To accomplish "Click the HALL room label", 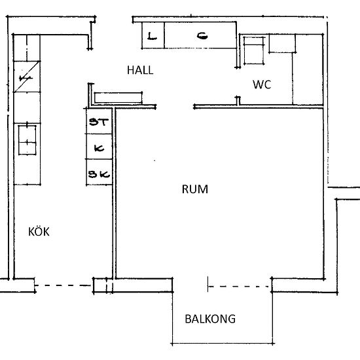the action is coord(140,70).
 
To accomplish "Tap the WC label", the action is coord(262,84).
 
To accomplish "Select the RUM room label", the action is coord(195,189).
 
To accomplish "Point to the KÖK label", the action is coord(39,232).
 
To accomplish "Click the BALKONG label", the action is coord(210,319).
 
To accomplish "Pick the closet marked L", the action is coord(153,35).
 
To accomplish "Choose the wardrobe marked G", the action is coord(200,35).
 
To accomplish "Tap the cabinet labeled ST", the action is coord(99,121).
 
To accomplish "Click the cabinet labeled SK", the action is coord(99,172).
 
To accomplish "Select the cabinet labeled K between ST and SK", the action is coord(99,147).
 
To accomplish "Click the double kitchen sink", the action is coord(27,140).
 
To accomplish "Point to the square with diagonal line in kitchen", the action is coord(27,77).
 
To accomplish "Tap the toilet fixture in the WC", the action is coord(254,50).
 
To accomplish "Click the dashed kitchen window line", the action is coord(63,285).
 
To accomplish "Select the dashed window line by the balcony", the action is coord(240,287).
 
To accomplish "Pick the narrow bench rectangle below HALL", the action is coord(118,98).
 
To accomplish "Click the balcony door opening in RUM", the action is coord(190,285).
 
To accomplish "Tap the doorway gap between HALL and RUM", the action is coord(175,107).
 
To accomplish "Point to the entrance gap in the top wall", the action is coord(114,18).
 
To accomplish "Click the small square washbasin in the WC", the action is coord(282,44).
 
